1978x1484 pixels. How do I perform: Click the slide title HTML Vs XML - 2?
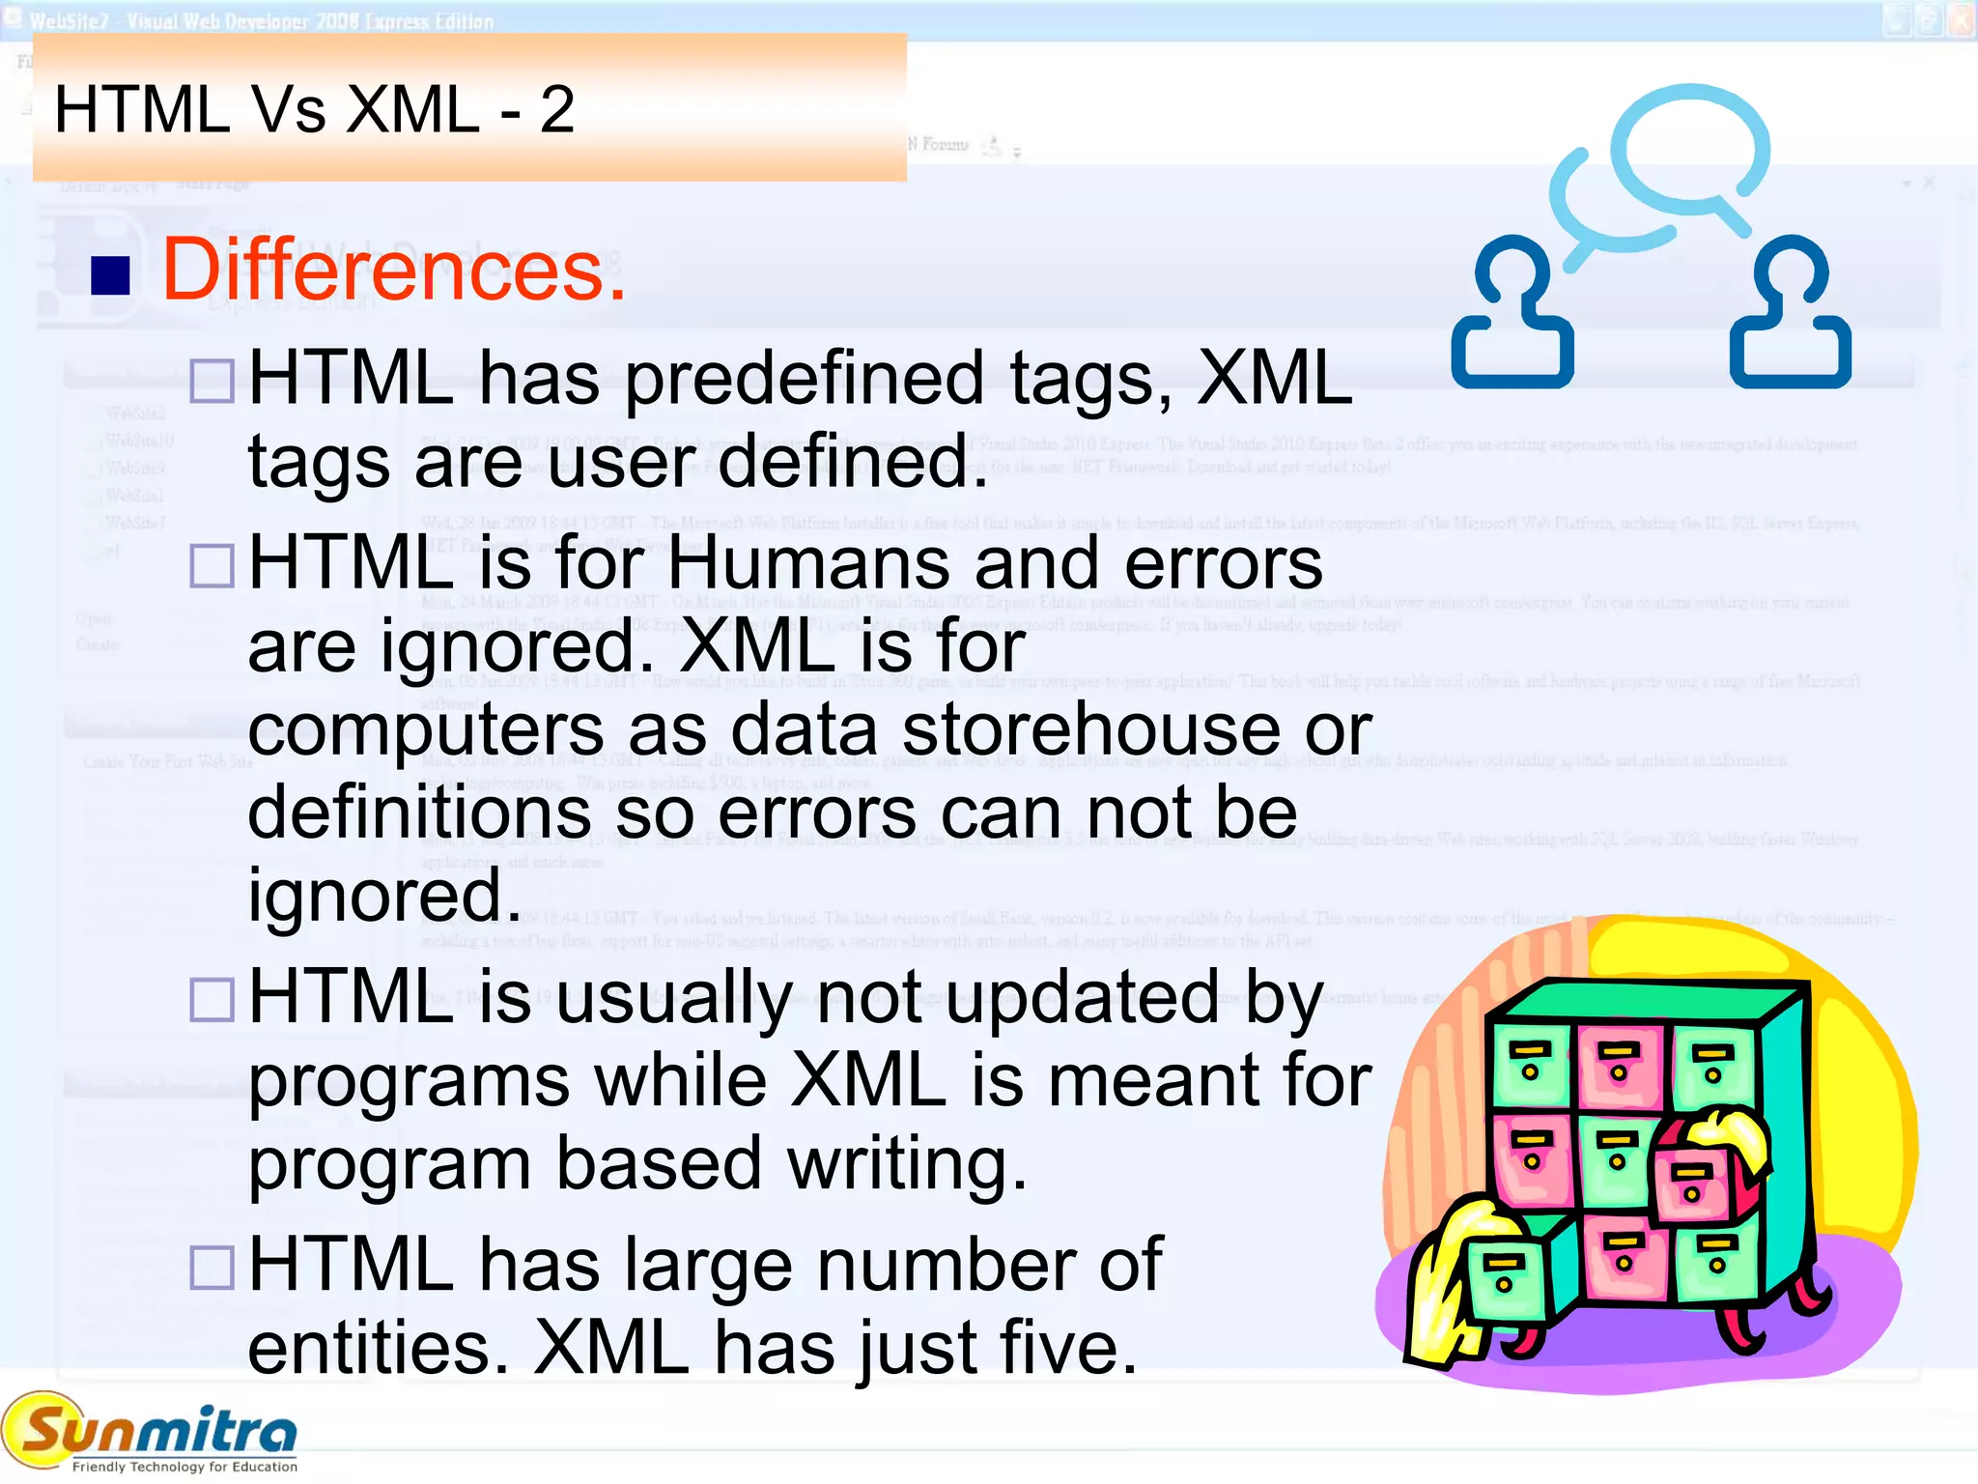point(314,108)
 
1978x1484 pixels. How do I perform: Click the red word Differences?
point(394,270)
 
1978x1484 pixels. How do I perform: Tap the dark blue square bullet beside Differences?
point(110,275)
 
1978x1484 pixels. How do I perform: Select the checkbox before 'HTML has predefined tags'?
point(212,381)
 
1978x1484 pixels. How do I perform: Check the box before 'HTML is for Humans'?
point(212,565)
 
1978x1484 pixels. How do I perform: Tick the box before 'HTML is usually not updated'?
point(212,999)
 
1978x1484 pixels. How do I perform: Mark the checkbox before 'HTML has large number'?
point(212,1267)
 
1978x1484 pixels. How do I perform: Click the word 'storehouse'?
point(1091,729)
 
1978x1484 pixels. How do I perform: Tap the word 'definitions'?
point(419,813)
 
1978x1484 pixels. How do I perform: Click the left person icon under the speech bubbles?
point(1512,314)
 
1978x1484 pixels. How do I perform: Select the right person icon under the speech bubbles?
point(1790,314)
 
